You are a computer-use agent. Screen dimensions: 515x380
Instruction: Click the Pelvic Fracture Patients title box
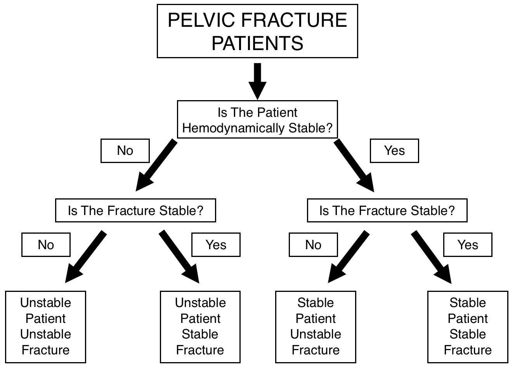pyautogui.click(x=257, y=31)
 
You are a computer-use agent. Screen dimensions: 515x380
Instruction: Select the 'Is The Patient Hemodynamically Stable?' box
pyautogui.click(x=257, y=120)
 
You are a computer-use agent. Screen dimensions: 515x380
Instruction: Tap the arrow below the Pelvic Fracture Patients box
pyautogui.click(x=257, y=81)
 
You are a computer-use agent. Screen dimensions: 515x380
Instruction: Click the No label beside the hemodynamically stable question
pyautogui.click(x=125, y=151)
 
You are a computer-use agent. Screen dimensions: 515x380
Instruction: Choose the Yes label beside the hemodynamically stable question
pyautogui.click(x=394, y=151)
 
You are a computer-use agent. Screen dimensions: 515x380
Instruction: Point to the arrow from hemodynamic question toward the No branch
pyautogui.click(x=156, y=165)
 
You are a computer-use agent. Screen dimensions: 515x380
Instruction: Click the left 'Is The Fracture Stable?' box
pyautogui.click(x=135, y=210)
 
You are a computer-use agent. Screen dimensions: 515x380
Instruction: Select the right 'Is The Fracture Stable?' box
pyautogui.click(x=387, y=210)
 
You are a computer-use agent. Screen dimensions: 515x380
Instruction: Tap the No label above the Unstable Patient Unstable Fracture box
pyautogui.click(x=46, y=245)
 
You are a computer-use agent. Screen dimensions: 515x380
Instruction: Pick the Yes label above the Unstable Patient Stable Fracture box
pyautogui.click(x=216, y=245)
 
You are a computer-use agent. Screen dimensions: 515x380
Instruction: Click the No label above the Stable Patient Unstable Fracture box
pyautogui.click(x=313, y=245)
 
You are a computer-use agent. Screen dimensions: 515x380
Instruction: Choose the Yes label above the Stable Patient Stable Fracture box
pyautogui.click(x=468, y=245)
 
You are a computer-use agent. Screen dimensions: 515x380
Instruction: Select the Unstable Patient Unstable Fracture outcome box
pyautogui.click(x=45, y=327)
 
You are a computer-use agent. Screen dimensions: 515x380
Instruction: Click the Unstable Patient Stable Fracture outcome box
pyautogui.click(x=200, y=327)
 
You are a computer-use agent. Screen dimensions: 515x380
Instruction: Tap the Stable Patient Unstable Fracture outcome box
pyautogui.click(x=316, y=327)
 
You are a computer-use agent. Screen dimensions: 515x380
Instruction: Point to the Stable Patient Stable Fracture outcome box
pyautogui.click(x=468, y=327)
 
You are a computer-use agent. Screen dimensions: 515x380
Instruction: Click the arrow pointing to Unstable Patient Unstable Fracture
pyautogui.click(x=86, y=257)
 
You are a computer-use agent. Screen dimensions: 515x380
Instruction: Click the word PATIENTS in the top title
pyautogui.click(x=257, y=43)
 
